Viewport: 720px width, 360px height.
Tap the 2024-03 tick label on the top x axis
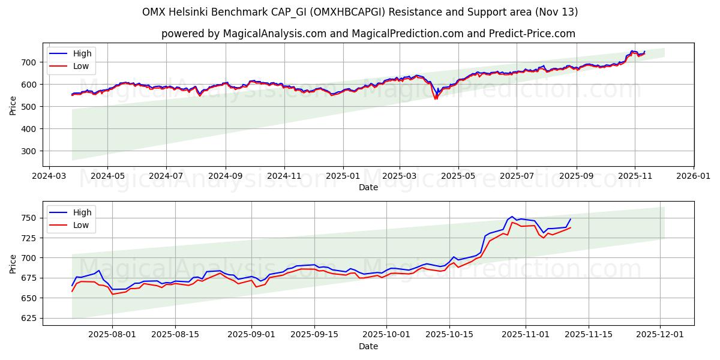coord(49,176)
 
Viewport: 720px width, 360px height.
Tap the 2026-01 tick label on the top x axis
coord(693,176)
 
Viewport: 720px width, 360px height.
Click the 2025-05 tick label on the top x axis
coord(458,176)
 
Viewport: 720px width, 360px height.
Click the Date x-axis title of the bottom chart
coord(368,346)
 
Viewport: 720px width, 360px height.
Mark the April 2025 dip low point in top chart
coord(436,98)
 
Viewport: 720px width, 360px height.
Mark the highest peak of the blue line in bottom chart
coord(512,217)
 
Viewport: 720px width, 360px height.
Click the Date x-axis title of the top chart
coord(368,187)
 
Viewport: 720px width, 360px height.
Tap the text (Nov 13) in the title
coord(555,12)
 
